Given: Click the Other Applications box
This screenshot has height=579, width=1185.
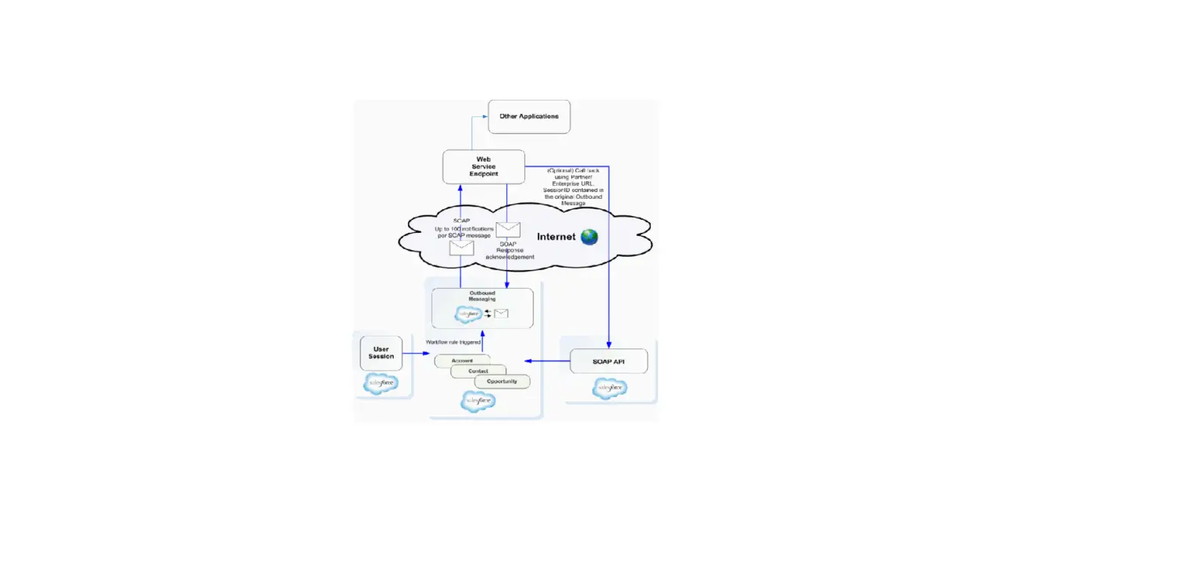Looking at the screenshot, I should [529, 116].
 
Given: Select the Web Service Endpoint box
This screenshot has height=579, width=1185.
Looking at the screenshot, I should [484, 166].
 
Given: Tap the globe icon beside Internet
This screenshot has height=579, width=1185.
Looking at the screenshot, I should [589, 237].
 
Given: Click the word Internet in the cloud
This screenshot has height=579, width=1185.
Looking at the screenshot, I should [556, 237].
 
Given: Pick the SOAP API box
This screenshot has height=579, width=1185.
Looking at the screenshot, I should [608, 361].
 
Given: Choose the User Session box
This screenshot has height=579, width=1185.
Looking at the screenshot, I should [381, 353].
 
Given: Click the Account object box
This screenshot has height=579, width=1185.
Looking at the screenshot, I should [462, 361].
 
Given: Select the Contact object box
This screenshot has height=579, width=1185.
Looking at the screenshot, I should [478, 371].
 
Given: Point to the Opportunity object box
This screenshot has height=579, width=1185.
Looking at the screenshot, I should [502, 381].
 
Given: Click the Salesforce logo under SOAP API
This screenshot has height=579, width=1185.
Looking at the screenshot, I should [609, 389].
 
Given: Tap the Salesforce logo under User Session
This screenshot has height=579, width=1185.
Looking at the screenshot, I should [380, 383].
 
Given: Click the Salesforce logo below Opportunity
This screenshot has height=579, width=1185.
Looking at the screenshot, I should [478, 401].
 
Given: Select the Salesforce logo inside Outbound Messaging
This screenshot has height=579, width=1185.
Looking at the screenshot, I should [468, 313].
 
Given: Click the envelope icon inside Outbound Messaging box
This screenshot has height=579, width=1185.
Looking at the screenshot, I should [501, 313].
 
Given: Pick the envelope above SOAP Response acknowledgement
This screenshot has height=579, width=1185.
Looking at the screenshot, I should [508, 230].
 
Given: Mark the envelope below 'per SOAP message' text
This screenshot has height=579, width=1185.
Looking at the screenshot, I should [461, 247].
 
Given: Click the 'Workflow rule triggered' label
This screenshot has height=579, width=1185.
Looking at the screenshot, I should [453, 342].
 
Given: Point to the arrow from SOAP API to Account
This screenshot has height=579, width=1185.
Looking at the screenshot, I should [548, 361].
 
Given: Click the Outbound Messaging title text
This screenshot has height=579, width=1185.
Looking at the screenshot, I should [482, 296].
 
